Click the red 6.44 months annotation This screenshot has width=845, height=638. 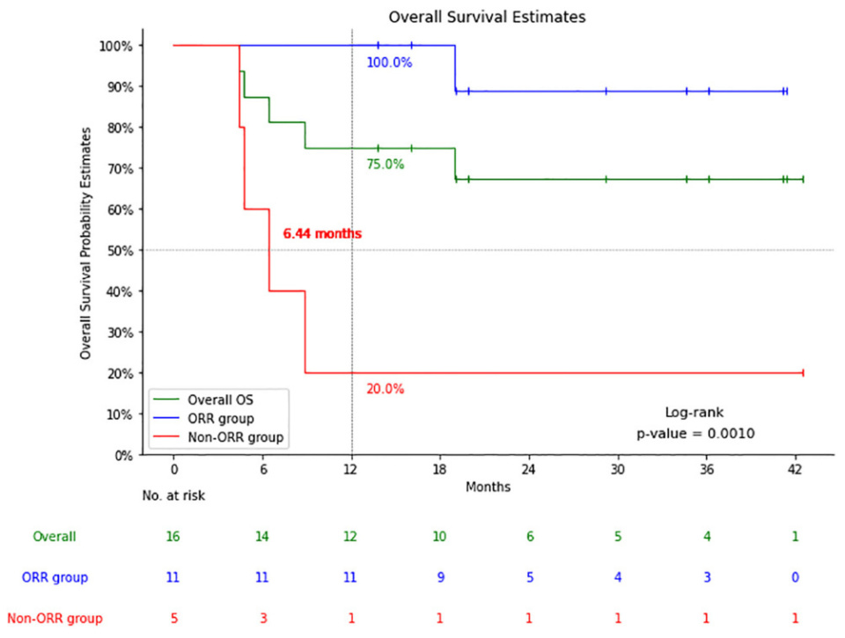tap(322, 234)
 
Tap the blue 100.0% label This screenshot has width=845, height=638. tap(389, 62)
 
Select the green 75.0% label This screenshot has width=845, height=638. tap(385, 164)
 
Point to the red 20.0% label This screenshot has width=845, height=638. tap(385, 389)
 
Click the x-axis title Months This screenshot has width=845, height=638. tap(488, 487)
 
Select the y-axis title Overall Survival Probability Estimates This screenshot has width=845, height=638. tap(86, 243)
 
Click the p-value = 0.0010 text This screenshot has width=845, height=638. tap(695, 434)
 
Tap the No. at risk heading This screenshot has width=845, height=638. tap(174, 495)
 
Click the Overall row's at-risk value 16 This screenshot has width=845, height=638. tap(174, 537)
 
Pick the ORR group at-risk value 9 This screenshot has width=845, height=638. tap(440, 577)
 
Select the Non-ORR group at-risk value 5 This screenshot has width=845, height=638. tap(174, 619)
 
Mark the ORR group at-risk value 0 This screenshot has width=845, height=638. tap(796, 577)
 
